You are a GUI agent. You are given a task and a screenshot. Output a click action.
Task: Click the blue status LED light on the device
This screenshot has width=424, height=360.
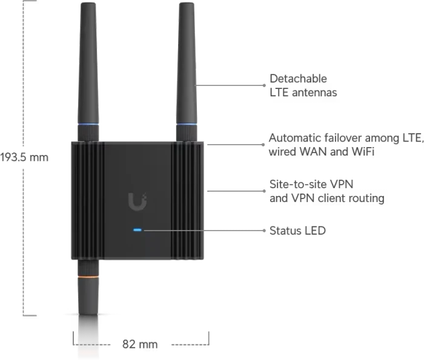137,230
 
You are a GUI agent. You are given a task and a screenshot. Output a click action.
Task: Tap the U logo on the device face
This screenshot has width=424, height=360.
137,201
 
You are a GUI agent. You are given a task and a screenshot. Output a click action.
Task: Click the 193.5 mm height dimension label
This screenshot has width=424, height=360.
24,157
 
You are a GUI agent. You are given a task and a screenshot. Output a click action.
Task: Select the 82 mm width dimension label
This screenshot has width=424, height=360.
140,344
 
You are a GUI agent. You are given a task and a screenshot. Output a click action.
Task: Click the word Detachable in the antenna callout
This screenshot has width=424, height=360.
298,79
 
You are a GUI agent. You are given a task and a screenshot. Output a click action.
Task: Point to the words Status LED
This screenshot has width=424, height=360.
297,231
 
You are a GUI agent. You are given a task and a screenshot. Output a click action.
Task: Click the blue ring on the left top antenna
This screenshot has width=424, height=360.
88,125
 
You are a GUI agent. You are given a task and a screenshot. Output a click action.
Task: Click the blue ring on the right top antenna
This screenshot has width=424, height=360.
187,125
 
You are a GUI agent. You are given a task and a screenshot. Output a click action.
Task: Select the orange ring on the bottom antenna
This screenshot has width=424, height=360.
88,277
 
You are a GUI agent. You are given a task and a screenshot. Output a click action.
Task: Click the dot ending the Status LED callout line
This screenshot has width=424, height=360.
264,231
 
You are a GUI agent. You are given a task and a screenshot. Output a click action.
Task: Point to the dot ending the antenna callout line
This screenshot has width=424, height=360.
264,85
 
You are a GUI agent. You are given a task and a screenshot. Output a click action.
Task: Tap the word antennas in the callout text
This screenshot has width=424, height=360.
315,93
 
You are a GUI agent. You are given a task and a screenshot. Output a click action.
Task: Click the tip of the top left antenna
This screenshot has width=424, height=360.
88,3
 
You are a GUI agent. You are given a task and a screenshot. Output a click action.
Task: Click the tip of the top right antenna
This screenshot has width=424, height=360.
187,3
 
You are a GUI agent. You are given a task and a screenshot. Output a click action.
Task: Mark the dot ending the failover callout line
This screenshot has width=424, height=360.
263,145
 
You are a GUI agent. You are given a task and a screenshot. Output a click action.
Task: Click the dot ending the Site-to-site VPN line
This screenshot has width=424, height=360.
264,191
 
